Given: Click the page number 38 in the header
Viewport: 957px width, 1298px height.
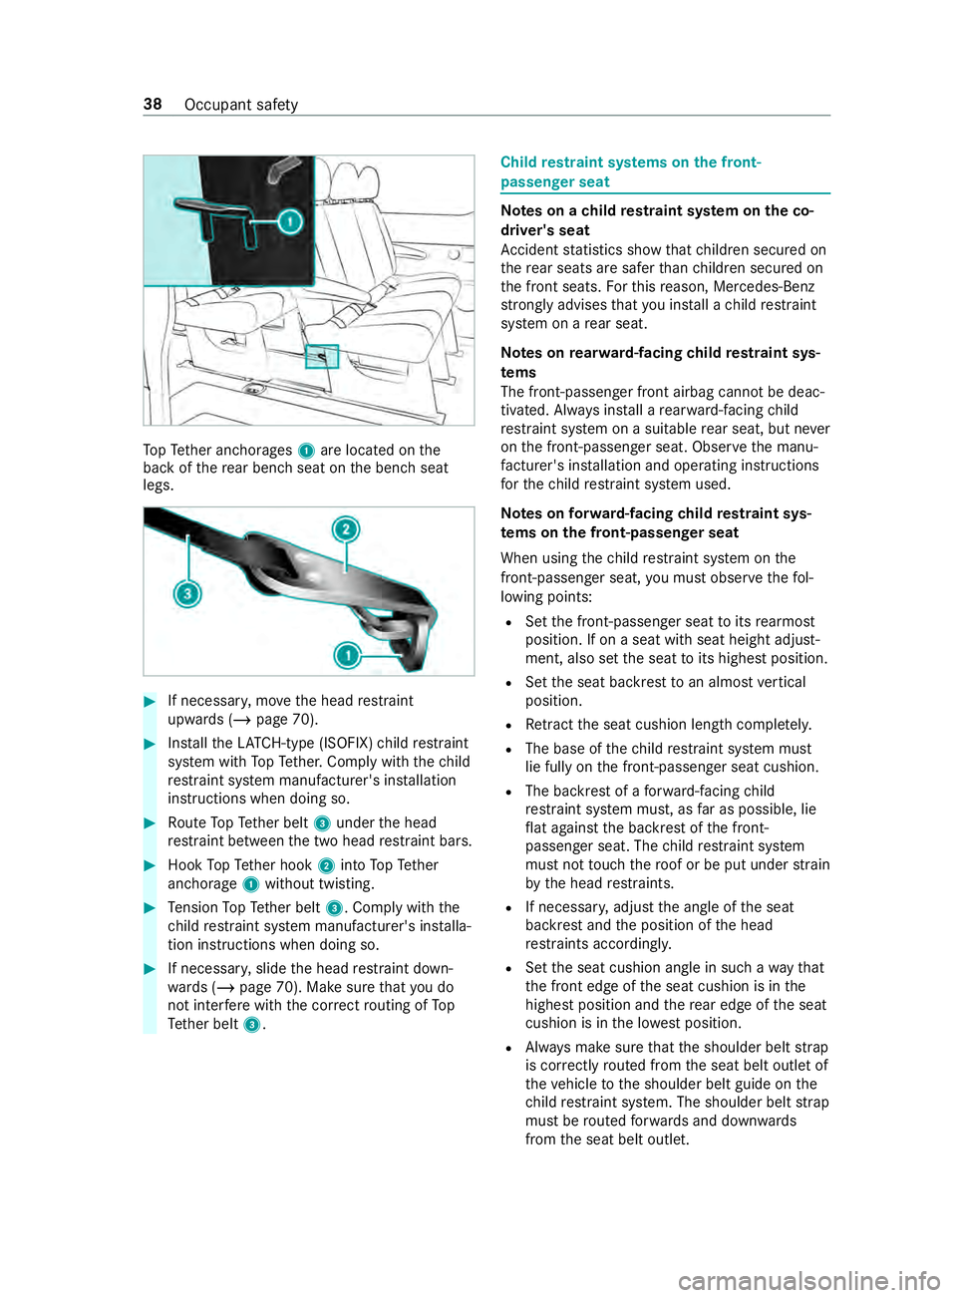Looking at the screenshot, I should (x=153, y=105).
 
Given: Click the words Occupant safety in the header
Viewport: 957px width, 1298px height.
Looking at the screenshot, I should (x=241, y=105).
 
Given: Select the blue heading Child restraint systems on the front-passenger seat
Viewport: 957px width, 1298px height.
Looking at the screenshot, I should (x=630, y=171).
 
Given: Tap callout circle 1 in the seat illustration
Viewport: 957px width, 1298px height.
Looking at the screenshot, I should (x=290, y=220).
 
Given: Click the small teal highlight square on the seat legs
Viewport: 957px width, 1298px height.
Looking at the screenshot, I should (x=322, y=356).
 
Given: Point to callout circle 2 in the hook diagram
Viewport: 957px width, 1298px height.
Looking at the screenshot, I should (x=346, y=528).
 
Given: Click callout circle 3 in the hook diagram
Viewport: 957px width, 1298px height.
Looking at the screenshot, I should (x=186, y=594).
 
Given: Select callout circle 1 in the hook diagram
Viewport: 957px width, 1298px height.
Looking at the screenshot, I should (x=347, y=655).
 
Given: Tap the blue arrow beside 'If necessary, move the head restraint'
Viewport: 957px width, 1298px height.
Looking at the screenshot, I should (x=151, y=701).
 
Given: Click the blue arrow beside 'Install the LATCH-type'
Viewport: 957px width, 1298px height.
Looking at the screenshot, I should (x=151, y=744).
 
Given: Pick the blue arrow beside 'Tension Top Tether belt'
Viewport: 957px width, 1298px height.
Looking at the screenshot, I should (x=151, y=908).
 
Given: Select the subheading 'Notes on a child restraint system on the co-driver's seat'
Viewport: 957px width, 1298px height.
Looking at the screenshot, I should (x=657, y=220).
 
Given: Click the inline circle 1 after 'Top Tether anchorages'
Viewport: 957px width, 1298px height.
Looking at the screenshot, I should (x=307, y=452).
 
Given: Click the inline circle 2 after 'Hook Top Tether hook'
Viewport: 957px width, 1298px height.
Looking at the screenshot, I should (x=326, y=866).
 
